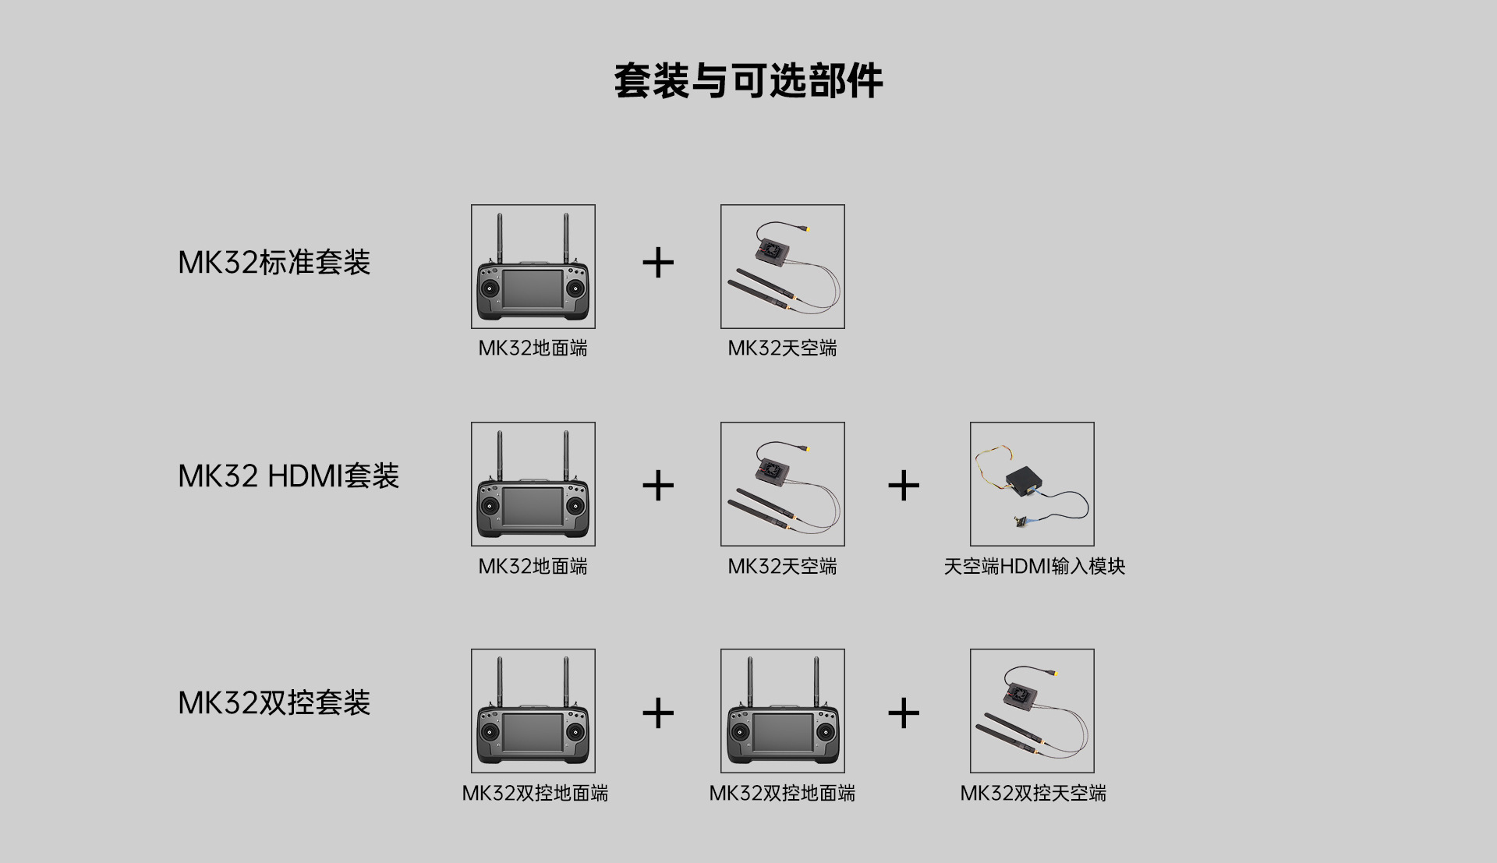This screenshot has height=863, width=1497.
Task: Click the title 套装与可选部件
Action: tap(748, 81)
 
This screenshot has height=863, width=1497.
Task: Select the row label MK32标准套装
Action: tap(274, 263)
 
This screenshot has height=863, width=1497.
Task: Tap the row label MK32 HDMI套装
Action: tap(288, 476)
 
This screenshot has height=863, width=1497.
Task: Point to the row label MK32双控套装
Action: tap(274, 703)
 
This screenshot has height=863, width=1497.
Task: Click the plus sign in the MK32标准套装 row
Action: tap(658, 263)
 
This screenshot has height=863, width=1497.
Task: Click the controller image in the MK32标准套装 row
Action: tap(533, 267)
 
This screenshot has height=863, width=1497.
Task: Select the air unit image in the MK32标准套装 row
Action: tap(783, 267)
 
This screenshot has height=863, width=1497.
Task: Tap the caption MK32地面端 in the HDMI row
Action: tap(533, 567)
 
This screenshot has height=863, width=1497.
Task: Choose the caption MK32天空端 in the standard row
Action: tap(783, 348)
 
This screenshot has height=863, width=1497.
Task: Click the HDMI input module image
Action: tap(1032, 484)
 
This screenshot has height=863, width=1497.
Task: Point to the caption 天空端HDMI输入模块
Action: tap(1035, 567)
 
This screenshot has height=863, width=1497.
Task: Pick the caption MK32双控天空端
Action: tap(1033, 794)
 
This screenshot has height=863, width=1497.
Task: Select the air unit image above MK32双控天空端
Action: tap(1032, 711)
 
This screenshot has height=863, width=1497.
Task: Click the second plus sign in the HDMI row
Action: tap(904, 486)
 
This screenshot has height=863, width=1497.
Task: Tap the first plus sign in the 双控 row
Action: tap(658, 713)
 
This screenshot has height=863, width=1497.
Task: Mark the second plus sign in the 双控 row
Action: tap(904, 713)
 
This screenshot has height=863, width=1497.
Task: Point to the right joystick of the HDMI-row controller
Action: tap(575, 506)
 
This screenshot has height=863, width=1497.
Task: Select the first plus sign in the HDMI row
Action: tap(658, 486)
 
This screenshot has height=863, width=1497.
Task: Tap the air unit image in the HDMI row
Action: tap(783, 484)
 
